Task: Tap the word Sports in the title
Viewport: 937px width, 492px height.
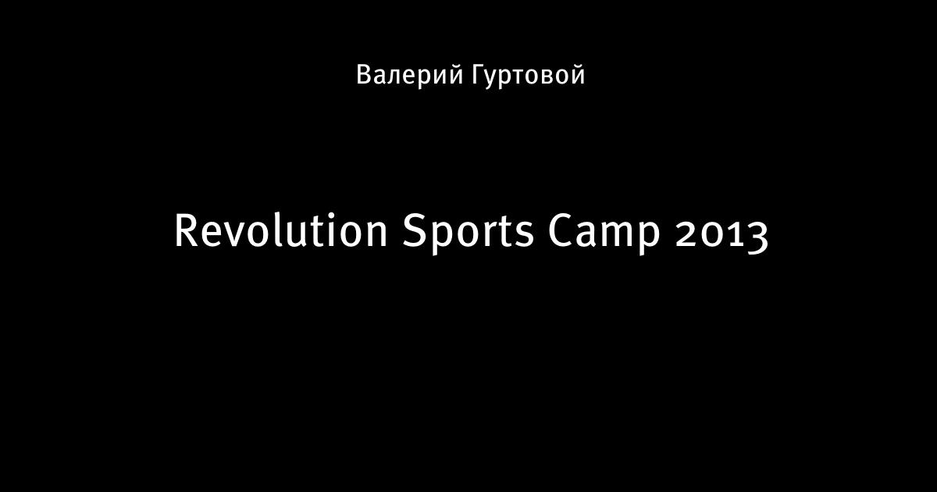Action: (468, 233)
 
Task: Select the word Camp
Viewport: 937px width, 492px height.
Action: (604, 234)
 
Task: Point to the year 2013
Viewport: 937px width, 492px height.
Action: (722, 235)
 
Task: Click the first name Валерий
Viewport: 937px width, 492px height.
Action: (410, 75)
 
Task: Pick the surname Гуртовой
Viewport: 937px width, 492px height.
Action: (529, 75)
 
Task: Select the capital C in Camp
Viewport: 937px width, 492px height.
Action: (561, 230)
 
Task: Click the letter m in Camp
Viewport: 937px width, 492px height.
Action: (618, 234)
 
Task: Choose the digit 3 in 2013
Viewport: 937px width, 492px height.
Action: (757, 237)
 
